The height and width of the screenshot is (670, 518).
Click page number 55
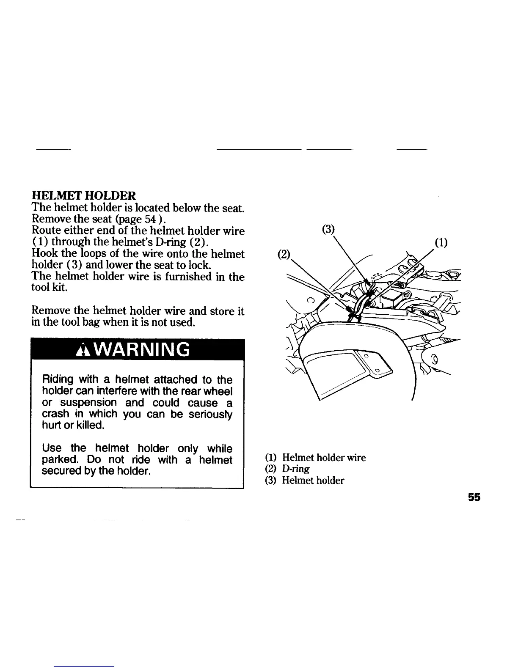tap(474, 497)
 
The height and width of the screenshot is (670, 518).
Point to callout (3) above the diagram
tap(328, 229)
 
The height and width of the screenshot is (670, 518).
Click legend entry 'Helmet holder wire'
tap(324, 457)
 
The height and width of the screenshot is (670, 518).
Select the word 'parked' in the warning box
tap(60, 460)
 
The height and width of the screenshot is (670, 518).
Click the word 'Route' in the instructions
tap(45, 231)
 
